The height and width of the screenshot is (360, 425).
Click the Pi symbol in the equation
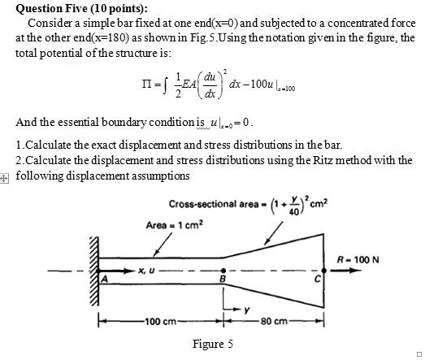(147, 85)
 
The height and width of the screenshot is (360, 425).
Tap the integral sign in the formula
(165, 85)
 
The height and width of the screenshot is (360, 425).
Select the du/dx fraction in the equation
(210, 85)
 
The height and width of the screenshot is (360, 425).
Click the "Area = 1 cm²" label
(174, 225)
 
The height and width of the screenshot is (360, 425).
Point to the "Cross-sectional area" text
(214, 204)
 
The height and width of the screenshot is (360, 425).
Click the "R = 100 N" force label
(358, 260)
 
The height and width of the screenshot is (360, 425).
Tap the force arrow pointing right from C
(346, 270)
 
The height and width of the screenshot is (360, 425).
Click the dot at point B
(223, 271)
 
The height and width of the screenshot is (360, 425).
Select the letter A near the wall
(104, 279)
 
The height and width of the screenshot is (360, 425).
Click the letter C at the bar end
(317, 279)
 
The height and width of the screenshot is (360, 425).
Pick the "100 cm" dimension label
(161, 322)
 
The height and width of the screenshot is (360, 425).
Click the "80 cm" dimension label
(274, 322)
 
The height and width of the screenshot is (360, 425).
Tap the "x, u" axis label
(146, 271)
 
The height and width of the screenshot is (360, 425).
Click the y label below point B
(247, 310)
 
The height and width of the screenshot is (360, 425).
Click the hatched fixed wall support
(94, 271)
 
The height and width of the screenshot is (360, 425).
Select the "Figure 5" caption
(213, 344)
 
